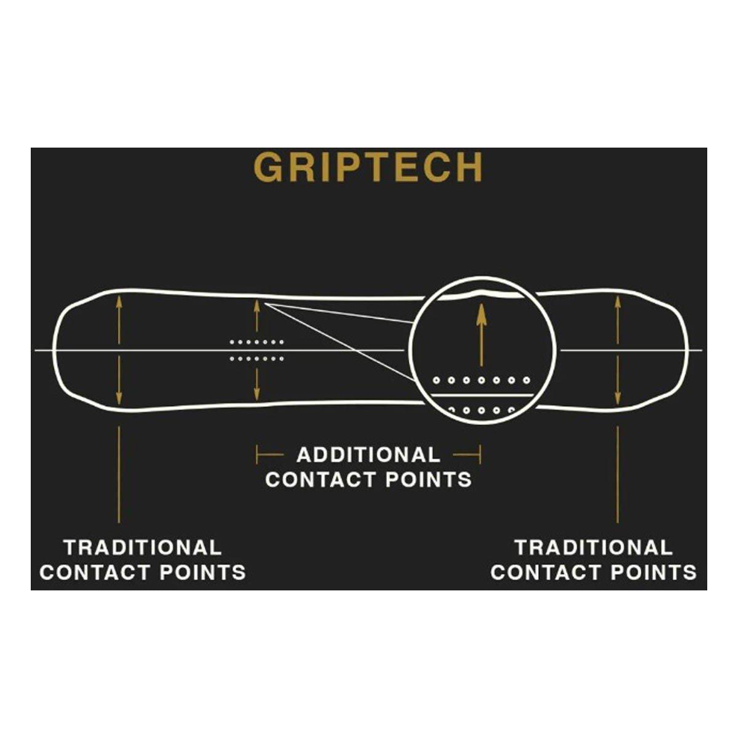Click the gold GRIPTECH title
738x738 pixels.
pos(368,167)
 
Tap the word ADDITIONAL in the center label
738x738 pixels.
pos(368,455)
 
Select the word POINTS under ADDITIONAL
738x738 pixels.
pos(429,480)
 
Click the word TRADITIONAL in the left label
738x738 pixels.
pos(143,548)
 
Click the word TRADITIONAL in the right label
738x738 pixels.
pos(593,548)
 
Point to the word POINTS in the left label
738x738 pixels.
pos(202,573)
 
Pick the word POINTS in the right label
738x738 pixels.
pos(654,573)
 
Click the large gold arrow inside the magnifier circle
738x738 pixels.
pos(482,336)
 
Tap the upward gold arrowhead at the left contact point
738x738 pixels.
pos(119,301)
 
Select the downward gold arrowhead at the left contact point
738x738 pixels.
pos(119,397)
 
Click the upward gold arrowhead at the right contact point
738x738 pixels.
pos(617,301)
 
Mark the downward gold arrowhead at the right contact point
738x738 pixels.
pos(617,399)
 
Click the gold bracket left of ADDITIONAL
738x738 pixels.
pos(270,455)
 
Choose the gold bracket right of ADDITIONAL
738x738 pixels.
pos(467,455)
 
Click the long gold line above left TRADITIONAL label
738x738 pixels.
pos(119,474)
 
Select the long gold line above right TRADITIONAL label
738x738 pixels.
pos(617,474)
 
